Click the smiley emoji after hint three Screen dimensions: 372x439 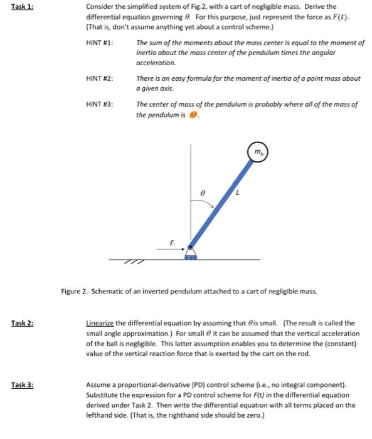[193, 114]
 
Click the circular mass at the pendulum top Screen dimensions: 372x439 [258, 153]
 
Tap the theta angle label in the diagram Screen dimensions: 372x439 [203, 195]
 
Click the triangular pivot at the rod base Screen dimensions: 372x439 [189, 253]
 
